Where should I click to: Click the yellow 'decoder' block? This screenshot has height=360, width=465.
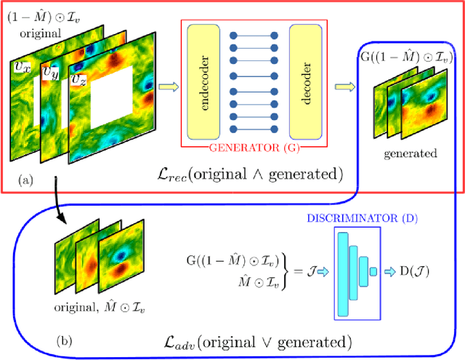(306, 81)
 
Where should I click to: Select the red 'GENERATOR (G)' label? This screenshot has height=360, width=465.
(256, 149)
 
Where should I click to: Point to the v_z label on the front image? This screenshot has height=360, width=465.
(79, 77)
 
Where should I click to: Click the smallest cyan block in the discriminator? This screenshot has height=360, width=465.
(373, 272)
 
